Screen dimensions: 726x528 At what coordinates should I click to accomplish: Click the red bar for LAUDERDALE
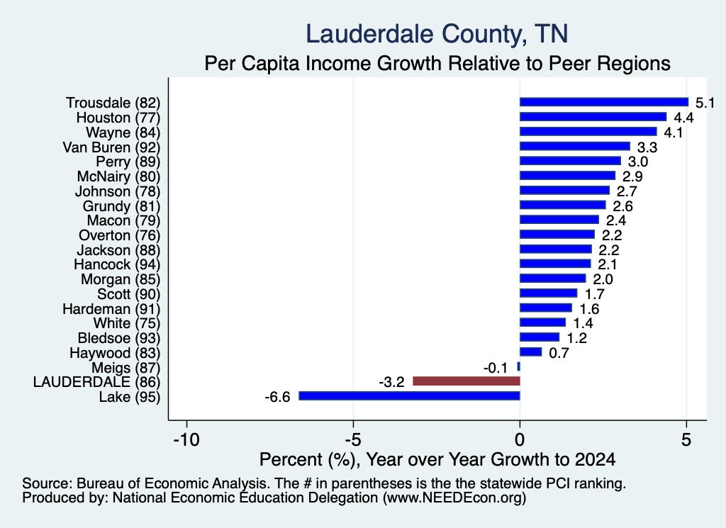coord(467,381)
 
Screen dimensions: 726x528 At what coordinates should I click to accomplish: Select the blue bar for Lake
coord(409,395)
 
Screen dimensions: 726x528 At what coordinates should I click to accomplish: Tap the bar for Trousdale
coord(604,102)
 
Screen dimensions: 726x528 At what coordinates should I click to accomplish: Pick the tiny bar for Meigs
coord(518,366)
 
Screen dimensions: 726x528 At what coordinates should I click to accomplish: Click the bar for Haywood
coord(530,352)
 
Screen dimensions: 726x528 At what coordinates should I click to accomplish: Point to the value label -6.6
coord(277,397)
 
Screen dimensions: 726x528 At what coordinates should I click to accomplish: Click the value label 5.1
coord(705,103)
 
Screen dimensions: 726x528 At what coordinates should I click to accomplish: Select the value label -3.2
coord(391,382)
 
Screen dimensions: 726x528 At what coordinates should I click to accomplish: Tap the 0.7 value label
coord(559,353)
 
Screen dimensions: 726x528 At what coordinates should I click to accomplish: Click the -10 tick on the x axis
coord(186,439)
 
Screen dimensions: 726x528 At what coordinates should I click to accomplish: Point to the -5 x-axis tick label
coord(353,439)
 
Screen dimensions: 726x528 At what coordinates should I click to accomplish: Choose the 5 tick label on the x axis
coord(686,439)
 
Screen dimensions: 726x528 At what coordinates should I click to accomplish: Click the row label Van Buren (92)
coord(111,147)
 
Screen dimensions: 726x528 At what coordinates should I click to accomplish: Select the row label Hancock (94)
coord(117,264)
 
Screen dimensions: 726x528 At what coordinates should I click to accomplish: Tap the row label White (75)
coord(127,323)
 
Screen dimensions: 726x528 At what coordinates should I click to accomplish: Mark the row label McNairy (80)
coord(118,176)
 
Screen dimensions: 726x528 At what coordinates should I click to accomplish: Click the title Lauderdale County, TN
coord(437,35)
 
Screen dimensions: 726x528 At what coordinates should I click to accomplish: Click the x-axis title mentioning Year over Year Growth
coord(437,459)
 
